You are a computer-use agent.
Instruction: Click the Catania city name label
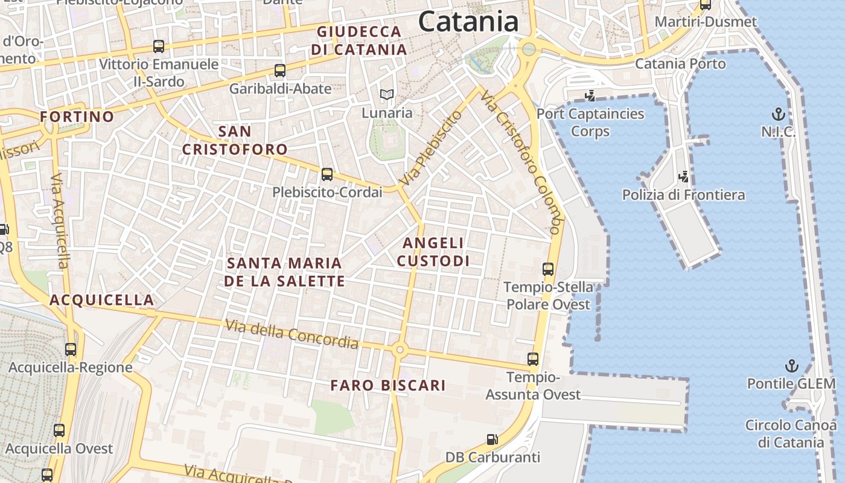[x=468, y=22]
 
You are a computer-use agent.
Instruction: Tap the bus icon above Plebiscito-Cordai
[x=327, y=174]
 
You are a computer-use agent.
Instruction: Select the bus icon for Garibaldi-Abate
[x=280, y=71]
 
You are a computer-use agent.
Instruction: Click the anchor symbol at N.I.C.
[x=779, y=114]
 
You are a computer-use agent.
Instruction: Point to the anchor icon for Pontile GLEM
[x=791, y=366]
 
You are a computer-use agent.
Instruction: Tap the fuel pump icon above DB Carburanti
[x=493, y=440]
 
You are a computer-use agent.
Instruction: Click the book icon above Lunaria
[x=386, y=95]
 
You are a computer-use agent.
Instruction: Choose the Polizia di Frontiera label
[x=683, y=195]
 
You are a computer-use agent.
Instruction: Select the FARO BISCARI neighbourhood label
[x=388, y=385]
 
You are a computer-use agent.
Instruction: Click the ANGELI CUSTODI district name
[x=433, y=252]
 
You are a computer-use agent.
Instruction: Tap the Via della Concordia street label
[x=292, y=334]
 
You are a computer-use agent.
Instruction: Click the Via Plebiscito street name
[x=430, y=148]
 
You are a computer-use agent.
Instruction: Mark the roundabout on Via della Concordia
[x=398, y=349]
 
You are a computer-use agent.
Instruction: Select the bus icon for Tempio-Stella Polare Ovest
[x=548, y=269]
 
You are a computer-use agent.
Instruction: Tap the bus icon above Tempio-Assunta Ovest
[x=533, y=359]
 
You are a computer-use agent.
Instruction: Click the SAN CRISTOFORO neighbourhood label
[x=235, y=140]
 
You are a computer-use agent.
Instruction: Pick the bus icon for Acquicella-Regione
[x=71, y=350]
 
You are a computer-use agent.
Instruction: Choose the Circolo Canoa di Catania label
[x=790, y=433]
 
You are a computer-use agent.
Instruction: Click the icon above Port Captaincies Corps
[x=590, y=95]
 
